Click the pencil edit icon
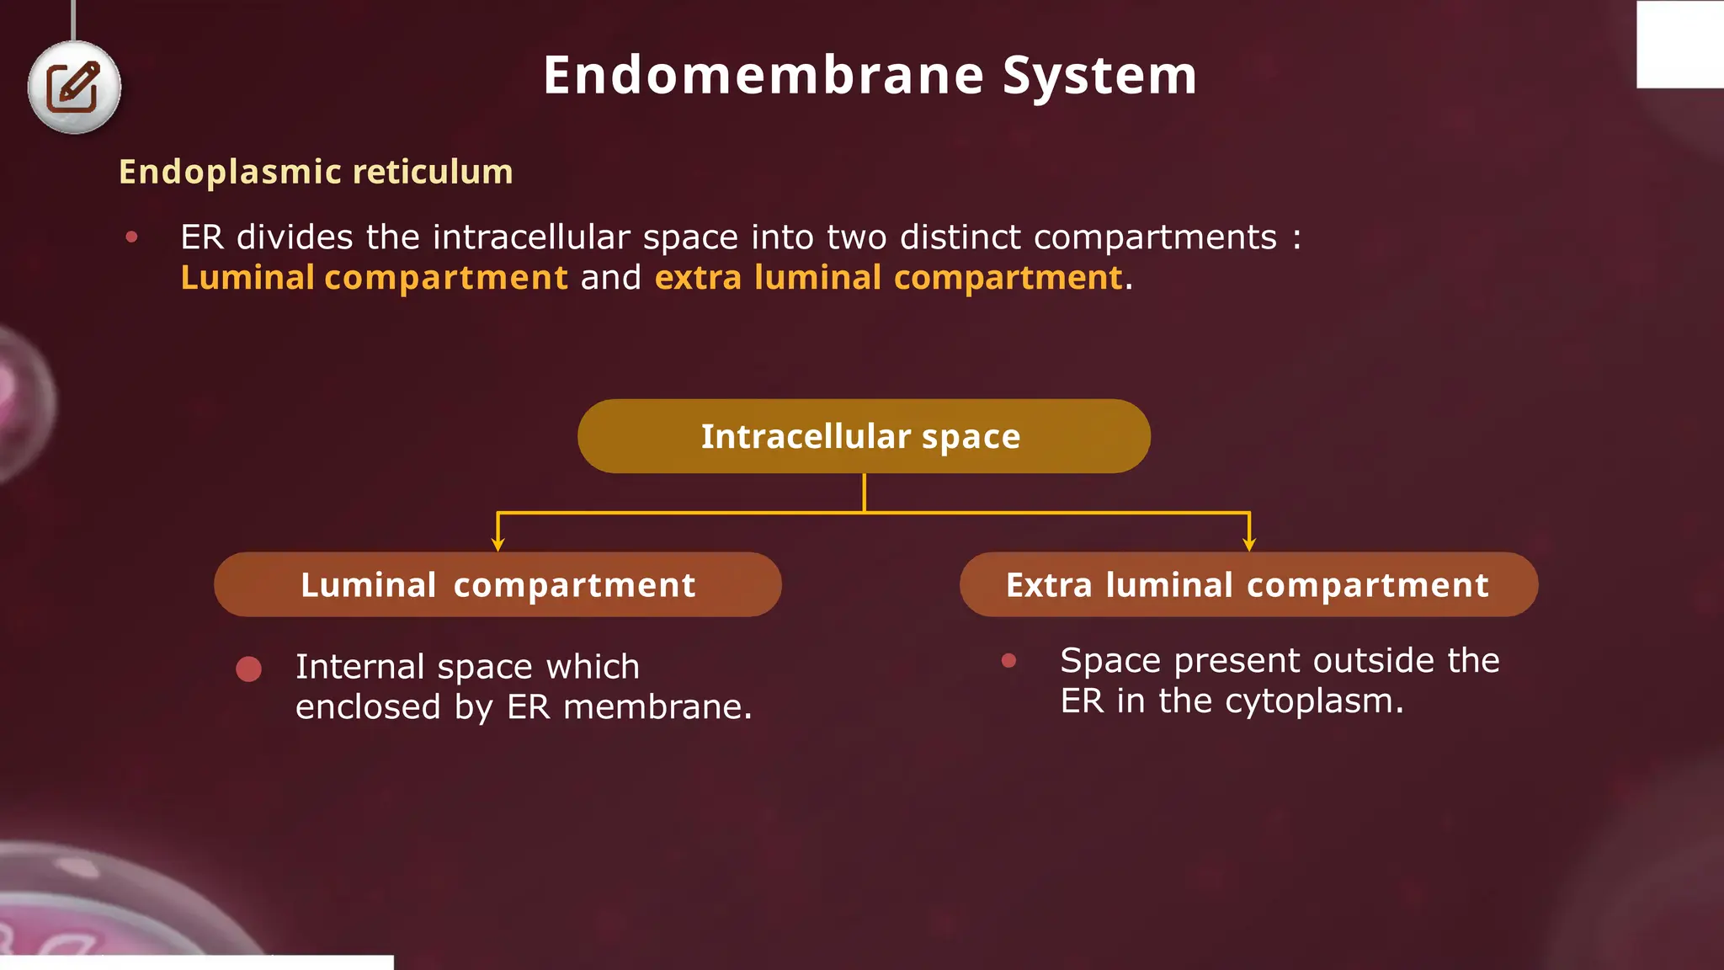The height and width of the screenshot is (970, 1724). (x=73, y=87)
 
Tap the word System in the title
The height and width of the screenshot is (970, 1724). (x=1099, y=76)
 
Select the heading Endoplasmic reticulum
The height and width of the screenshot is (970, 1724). (x=316, y=172)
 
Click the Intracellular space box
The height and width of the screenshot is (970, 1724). (x=864, y=436)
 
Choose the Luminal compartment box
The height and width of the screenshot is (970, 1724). (x=498, y=585)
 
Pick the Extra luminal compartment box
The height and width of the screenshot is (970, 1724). (x=1248, y=585)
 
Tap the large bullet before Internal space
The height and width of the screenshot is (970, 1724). (x=248, y=669)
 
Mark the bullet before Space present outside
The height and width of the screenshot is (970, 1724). (x=1008, y=661)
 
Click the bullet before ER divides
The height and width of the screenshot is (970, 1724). (x=131, y=237)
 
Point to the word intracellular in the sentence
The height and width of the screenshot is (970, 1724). (x=531, y=237)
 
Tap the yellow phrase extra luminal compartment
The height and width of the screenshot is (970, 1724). (x=889, y=278)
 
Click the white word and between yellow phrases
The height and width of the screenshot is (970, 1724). (x=611, y=278)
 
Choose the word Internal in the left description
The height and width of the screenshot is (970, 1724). (x=360, y=667)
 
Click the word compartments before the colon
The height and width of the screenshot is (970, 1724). (x=1155, y=237)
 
